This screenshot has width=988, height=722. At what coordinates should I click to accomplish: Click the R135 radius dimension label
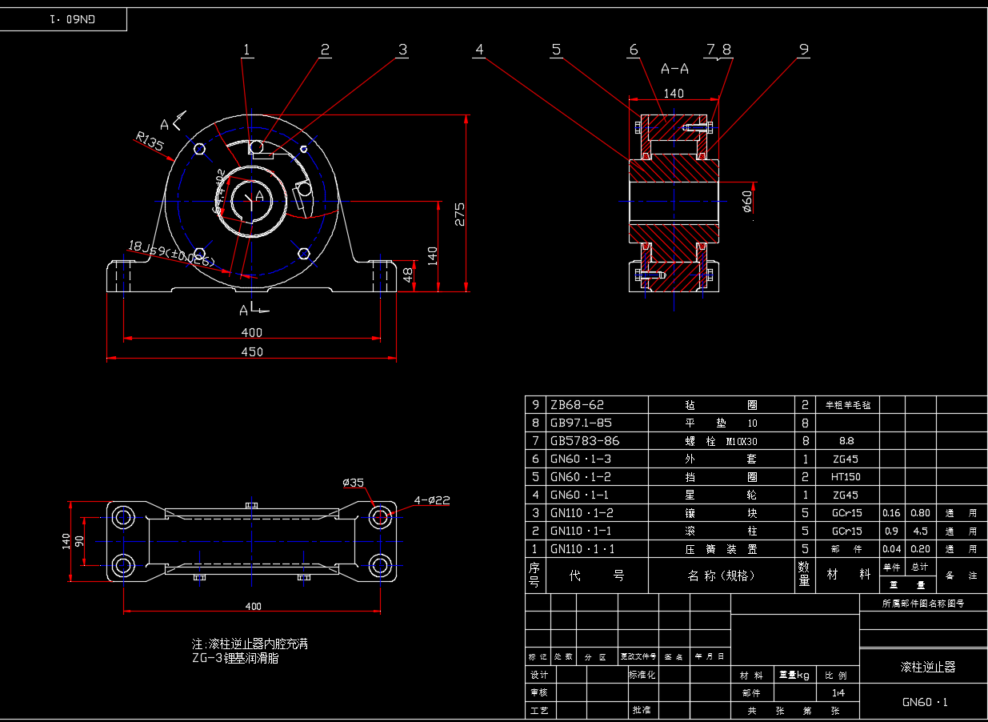[150, 144]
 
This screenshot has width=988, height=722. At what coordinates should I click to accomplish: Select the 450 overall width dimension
[252, 351]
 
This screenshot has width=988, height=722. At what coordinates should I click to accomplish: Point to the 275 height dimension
[459, 214]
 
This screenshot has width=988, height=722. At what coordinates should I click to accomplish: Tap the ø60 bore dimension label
[747, 201]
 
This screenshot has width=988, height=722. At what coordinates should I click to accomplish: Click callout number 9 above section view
[803, 50]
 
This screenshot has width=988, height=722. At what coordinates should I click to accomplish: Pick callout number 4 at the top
[479, 50]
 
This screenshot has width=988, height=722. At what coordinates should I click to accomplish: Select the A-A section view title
[674, 69]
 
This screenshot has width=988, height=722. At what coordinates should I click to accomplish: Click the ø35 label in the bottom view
[353, 483]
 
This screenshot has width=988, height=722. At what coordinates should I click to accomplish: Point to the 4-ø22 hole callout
[432, 500]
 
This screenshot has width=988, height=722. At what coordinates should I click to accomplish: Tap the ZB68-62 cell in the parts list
[578, 405]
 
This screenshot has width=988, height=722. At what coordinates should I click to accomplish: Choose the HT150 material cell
[846, 477]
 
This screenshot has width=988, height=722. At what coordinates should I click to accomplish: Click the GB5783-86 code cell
[585, 441]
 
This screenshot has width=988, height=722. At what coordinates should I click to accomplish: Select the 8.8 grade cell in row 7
[846, 441]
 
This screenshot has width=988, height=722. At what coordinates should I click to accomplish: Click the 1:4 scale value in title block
[838, 693]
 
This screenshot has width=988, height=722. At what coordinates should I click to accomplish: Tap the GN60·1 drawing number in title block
[925, 703]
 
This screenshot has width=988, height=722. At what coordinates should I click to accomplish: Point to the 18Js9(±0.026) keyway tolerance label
[171, 254]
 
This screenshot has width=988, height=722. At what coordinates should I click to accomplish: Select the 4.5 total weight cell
[920, 531]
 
